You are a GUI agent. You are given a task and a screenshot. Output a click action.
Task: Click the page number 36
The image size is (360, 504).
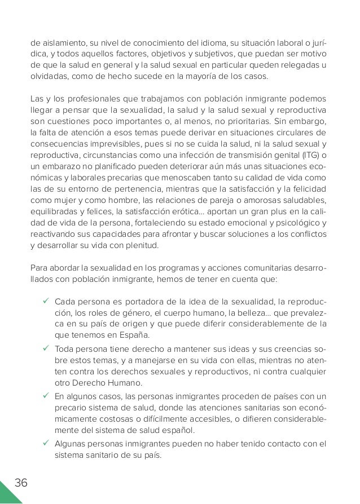(x=20, y=483)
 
